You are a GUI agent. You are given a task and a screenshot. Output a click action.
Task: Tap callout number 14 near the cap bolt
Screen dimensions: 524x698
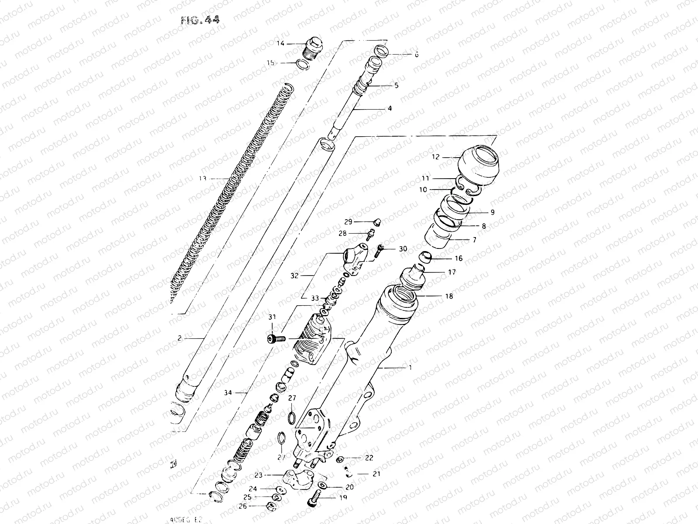pos(280,43)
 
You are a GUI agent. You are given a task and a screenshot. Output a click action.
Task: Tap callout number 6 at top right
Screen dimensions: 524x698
pos(416,55)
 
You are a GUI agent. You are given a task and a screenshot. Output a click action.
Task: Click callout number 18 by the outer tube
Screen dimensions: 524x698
pos(449,296)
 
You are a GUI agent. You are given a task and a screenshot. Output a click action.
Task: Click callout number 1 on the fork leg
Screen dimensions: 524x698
pos(410,368)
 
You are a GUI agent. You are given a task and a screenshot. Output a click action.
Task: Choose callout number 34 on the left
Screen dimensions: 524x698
pos(227,393)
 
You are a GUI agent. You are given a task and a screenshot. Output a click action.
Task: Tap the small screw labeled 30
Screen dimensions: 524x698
pos(378,248)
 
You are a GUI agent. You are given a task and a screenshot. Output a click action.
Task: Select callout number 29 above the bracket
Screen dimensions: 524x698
pos(348,221)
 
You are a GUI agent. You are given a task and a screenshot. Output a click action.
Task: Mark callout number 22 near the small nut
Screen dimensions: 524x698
pos(369,458)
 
